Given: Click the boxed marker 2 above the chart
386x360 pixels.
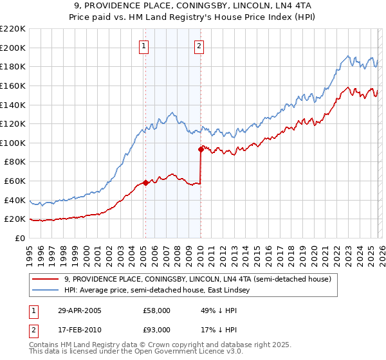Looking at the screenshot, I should point(199,46).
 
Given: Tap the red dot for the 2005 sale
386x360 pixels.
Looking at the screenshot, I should point(145,183).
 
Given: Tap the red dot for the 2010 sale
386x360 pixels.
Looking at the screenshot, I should point(201,149).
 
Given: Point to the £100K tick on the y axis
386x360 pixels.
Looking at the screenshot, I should point(13,143).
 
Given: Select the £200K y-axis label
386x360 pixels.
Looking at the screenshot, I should point(13,48).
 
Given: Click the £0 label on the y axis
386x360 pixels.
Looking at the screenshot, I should point(20,238).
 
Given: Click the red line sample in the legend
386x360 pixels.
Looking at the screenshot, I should point(46,279).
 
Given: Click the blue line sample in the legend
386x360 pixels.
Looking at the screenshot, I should point(46,291).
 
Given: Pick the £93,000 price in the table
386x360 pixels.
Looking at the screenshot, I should point(156,330).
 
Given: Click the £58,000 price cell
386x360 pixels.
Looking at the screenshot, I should point(156,310).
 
